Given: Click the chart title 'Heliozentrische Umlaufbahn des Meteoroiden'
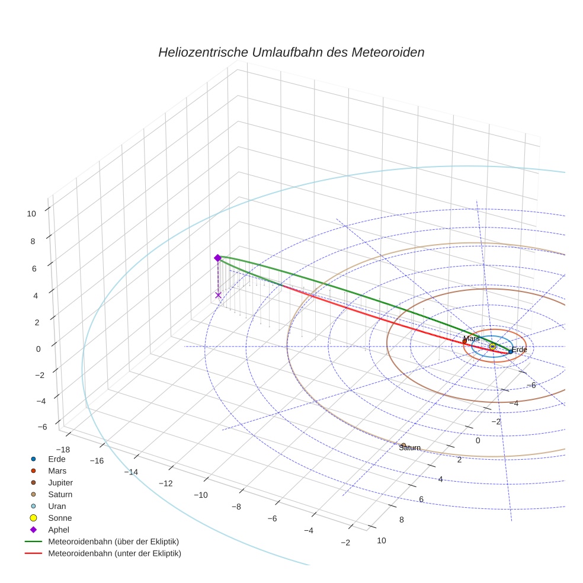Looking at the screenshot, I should pos(291,52).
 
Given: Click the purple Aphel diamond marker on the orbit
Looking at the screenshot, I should pos(217,258).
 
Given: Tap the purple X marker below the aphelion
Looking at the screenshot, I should pos(218,294).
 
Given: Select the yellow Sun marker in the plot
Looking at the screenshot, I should pos(492,346).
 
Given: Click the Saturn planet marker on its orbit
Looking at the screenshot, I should pos(403,445).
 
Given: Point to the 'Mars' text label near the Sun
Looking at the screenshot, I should pos(471,338).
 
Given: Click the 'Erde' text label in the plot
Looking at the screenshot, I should pos(520,350).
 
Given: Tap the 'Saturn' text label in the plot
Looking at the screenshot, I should pos(409,448).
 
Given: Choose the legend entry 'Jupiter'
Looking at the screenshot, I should pos(60,482).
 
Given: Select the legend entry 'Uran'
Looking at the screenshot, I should pos(57,506).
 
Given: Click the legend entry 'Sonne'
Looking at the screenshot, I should pos(60,518).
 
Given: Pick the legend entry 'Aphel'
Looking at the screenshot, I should pos(59,530).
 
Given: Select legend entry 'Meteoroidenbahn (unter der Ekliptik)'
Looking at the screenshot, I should pos(114,553).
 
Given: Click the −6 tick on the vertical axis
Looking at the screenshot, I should pos(42,427).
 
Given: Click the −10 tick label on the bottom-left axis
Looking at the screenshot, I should pos(201,495).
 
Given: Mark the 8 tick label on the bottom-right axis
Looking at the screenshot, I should pos(401,520).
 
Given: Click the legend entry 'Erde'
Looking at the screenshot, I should pos(56,459).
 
